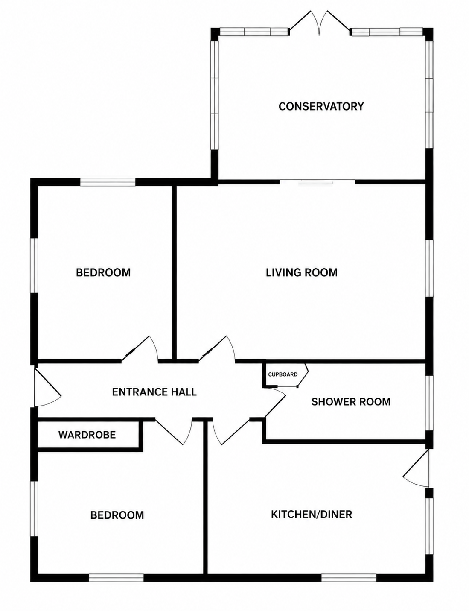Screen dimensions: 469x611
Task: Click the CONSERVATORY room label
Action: pyautogui.click(x=321, y=106)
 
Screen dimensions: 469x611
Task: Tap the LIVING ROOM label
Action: pyautogui.click(x=302, y=272)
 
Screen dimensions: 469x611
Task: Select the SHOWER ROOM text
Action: pyautogui.click(x=351, y=402)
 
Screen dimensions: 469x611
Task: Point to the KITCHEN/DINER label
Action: pyautogui.click(x=312, y=514)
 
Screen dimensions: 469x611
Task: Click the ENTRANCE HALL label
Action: pyautogui.click(x=154, y=392)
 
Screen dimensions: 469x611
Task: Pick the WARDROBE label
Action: pyautogui.click(x=87, y=435)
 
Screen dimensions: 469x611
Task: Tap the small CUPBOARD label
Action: pyautogui.click(x=283, y=374)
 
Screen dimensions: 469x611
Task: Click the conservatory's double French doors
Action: pyautogui.click(x=320, y=23)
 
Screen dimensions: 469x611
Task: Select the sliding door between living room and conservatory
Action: pyautogui.click(x=318, y=182)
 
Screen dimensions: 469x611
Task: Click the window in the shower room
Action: pyautogui.click(x=429, y=403)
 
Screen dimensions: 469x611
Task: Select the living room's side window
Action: pyautogui.click(x=429, y=269)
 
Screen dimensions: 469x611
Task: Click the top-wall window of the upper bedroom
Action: pyautogui.click(x=108, y=182)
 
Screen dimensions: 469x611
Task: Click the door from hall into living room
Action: pyautogui.click(x=217, y=349)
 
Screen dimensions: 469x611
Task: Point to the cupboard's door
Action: pyautogui.click(x=303, y=376)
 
